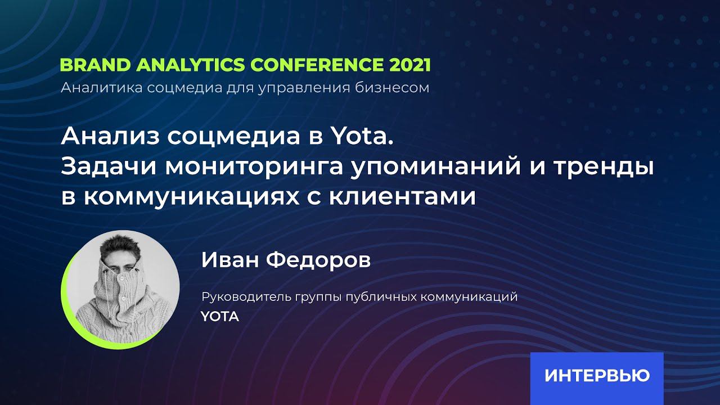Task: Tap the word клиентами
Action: click(417, 197)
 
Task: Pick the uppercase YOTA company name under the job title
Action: click(220, 317)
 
